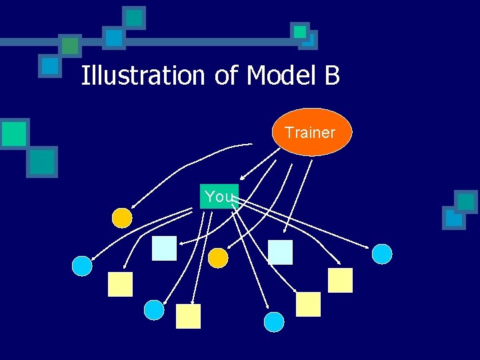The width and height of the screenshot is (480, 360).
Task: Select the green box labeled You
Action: point(219,196)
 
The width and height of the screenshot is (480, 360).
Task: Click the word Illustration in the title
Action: point(143,75)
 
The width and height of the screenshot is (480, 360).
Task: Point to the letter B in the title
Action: point(332,75)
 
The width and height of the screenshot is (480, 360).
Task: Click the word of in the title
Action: point(227,75)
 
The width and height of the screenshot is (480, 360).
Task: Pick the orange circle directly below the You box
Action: point(218,258)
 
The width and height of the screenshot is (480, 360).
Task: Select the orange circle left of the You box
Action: point(122,217)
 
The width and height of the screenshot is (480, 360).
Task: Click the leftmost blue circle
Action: point(82,266)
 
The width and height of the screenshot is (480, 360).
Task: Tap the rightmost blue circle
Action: point(382,253)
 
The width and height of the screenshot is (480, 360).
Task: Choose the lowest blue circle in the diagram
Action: point(274,322)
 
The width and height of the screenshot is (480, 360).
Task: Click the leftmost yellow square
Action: point(121,285)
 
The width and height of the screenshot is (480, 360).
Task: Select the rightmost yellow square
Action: point(340,280)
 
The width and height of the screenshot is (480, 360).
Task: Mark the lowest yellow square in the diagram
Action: point(188,316)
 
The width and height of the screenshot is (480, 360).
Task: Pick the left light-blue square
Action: point(164,248)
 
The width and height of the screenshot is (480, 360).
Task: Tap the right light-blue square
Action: point(280,252)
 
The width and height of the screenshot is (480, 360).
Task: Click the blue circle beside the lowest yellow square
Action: point(154,310)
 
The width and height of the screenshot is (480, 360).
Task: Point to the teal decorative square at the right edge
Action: point(466,201)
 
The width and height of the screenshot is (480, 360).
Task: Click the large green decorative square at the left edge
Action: point(14,133)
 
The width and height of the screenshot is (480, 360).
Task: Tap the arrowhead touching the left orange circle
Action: point(133,209)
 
